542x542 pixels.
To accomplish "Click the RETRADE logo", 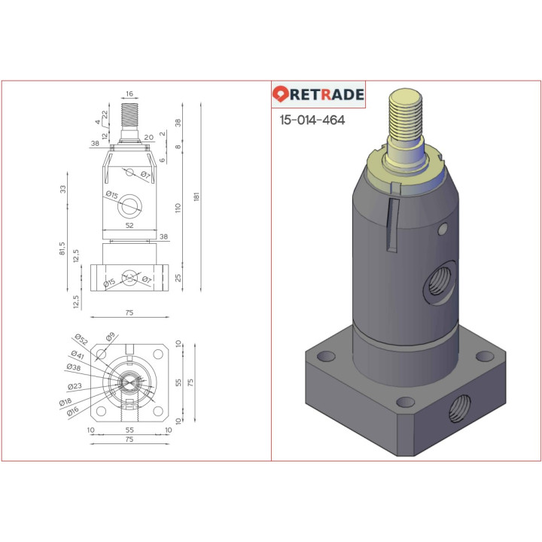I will (x=318, y=95).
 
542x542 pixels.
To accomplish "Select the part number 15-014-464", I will (x=312, y=120).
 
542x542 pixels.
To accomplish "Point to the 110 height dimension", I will (x=178, y=207).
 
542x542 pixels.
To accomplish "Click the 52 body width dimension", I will (x=129, y=225).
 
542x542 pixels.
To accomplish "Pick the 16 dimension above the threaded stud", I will (x=129, y=94).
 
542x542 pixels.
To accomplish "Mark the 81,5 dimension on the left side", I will (x=64, y=248).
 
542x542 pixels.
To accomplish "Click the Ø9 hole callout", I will (x=110, y=336).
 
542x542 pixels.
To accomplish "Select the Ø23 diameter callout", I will (x=75, y=386).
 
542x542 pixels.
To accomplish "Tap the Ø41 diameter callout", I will (x=77, y=355).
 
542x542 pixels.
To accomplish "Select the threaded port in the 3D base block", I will (x=459, y=411).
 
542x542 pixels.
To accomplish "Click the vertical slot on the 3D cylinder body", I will (x=390, y=226).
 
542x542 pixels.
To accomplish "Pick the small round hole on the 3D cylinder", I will (x=443, y=227).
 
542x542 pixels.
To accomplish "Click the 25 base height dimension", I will (x=178, y=279).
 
